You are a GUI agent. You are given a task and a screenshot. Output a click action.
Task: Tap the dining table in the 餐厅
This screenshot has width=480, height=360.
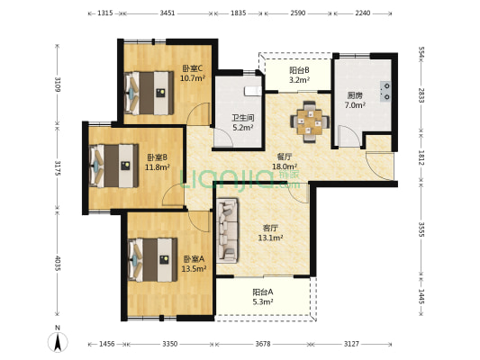point(310,121)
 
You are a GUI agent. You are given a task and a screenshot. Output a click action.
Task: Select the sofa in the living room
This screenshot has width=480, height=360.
point(227,230)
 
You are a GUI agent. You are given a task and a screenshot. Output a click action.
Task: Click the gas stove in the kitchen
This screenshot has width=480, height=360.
point(385,91)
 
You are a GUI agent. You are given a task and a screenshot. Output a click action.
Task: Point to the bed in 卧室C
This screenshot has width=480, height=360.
point(149,93)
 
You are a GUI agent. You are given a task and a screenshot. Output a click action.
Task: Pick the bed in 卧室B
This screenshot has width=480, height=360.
point(113,166)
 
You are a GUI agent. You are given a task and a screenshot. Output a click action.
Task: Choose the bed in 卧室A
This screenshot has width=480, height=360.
point(153,260)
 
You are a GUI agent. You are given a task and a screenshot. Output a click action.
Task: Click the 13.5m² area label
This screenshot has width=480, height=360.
point(194,269)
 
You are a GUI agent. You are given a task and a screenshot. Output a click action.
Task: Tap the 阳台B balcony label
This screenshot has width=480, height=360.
point(299,70)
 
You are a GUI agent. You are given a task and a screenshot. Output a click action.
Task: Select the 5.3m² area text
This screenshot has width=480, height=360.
point(263,301)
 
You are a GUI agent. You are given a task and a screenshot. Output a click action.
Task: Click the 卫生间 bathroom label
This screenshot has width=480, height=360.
point(243,118)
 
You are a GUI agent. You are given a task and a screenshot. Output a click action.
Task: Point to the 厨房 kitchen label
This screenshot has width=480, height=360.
point(355,95)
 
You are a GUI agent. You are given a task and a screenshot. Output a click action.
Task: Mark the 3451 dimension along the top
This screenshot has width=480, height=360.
point(168,13)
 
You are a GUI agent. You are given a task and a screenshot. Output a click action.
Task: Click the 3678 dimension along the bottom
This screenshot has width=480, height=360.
point(263,344)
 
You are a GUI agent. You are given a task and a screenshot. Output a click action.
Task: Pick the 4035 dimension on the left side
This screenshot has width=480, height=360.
point(58,263)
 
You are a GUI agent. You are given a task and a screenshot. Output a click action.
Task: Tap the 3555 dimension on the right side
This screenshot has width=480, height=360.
point(421,229)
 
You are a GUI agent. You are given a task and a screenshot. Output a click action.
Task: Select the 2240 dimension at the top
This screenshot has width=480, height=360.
point(363,13)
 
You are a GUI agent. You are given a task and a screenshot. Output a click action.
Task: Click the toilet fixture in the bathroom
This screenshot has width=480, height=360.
point(253,91)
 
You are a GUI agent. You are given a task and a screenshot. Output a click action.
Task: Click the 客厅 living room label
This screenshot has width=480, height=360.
point(270,228)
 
